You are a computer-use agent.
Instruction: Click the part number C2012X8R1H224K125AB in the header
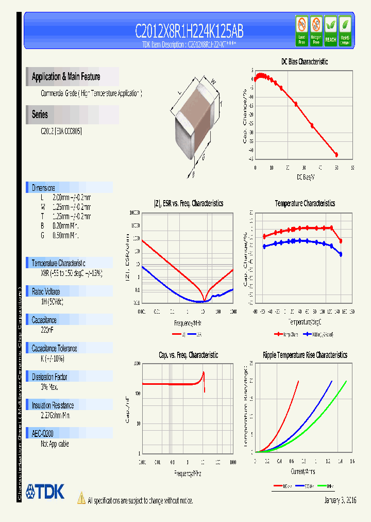(x=189, y=31)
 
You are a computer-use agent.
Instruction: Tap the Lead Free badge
(x=301, y=31)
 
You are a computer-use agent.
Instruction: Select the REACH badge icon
(x=330, y=31)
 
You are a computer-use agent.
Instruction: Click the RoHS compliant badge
(x=345, y=31)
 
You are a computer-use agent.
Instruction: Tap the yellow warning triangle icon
(x=81, y=498)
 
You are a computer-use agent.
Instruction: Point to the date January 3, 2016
(x=340, y=501)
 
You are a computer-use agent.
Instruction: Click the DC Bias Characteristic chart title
(x=304, y=61)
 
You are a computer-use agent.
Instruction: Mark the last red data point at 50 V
(x=336, y=154)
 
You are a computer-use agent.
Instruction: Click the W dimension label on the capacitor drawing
(x=213, y=80)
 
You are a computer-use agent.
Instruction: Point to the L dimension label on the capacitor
(x=179, y=93)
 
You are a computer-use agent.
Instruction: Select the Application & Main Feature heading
(x=66, y=77)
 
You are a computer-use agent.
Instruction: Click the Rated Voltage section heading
(x=46, y=291)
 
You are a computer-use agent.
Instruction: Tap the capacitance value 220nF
(x=47, y=328)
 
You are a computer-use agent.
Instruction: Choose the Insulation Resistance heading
(x=53, y=405)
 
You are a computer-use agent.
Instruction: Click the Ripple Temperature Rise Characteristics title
(x=305, y=355)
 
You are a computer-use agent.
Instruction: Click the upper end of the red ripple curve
(x=298, y=381)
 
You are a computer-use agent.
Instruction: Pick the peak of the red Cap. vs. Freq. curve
(x=204, y=372)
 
